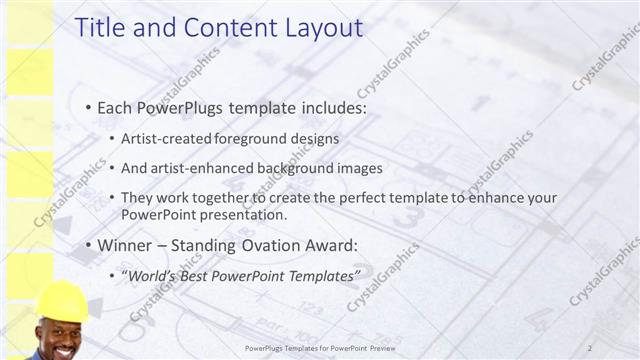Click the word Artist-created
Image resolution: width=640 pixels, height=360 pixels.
tap(165, 138)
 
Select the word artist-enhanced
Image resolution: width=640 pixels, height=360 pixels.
tap(200, 168)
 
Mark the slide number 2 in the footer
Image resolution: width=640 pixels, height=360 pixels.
tap(591, 347)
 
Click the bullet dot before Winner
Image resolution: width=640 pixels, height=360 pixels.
tap(88, 245)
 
